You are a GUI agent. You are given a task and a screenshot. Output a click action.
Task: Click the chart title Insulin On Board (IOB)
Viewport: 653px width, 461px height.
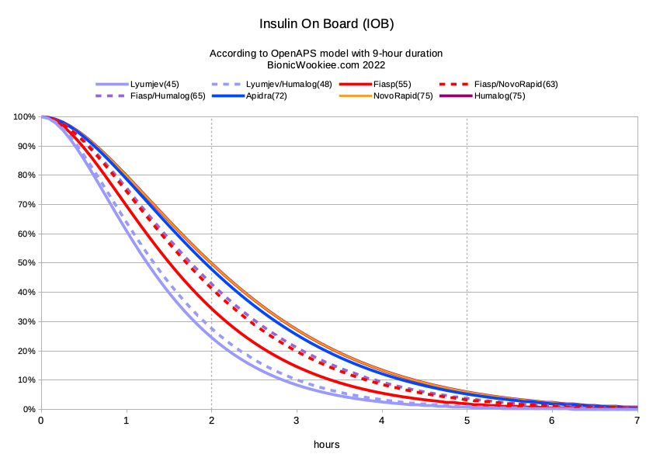pos(326,24)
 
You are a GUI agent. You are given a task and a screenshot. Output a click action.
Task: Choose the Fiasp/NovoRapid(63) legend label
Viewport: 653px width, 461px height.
pos(516,84)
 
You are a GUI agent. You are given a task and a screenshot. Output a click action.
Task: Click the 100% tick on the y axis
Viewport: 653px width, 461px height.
pos(24,117)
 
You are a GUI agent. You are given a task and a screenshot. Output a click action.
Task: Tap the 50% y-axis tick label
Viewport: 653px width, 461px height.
pos(26,263)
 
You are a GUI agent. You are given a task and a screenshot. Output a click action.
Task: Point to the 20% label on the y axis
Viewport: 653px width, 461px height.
pos(26,351)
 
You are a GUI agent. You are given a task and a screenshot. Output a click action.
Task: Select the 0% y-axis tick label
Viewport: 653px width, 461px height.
pos(29,409)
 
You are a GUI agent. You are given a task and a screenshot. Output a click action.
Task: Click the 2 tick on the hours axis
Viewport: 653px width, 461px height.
pos(211,421)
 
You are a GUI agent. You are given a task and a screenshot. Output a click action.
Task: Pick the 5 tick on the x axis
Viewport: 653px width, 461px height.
pos(467,421)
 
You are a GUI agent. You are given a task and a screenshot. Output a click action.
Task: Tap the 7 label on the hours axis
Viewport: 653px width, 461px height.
pos(637,421)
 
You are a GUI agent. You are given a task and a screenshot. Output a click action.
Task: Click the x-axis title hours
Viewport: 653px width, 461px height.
pos(326,445)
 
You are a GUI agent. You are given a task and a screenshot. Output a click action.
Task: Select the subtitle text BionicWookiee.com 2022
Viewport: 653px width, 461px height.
pos(326,65)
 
